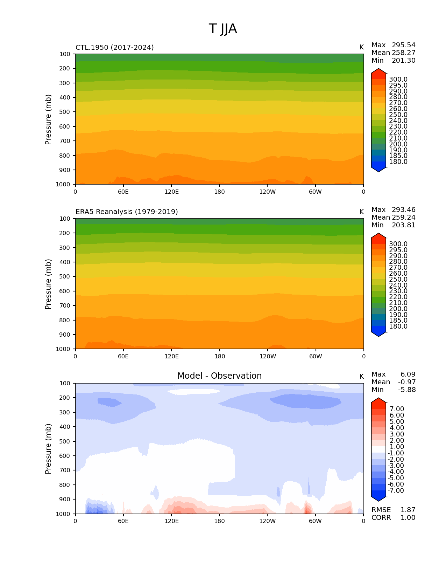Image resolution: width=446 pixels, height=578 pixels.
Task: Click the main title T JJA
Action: (223, 29)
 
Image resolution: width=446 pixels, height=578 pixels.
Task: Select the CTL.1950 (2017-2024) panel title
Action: (115, 47)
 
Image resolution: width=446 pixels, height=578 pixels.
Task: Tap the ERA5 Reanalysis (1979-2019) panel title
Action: (127, 212)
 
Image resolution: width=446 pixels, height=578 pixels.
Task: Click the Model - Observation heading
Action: (219, 376)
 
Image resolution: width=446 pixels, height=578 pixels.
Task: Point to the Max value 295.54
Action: (403, 45)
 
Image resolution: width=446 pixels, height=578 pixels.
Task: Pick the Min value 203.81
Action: (403, 225)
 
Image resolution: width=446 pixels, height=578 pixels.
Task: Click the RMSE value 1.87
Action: (408, 510)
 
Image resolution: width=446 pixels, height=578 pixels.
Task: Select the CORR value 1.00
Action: (408, 518)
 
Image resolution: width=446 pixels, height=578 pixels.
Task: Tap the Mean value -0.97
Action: (407, 382)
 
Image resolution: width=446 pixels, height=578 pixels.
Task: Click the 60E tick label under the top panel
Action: (123, 192)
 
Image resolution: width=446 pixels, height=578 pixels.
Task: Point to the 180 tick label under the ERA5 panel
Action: (219, 356)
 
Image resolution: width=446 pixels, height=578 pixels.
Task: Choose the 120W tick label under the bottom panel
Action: (267, 521)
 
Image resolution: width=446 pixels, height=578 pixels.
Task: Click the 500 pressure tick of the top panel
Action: (65, 112)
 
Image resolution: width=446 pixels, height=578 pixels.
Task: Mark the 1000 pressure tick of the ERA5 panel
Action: (63, 349)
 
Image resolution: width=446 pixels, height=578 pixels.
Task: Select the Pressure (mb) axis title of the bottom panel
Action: (48, 448)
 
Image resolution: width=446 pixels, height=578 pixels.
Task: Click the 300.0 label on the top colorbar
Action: (398, 80)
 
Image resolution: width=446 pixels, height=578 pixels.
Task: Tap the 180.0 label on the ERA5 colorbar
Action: (398, 326)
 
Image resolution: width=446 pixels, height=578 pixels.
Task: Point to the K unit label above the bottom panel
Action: (361, 377)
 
